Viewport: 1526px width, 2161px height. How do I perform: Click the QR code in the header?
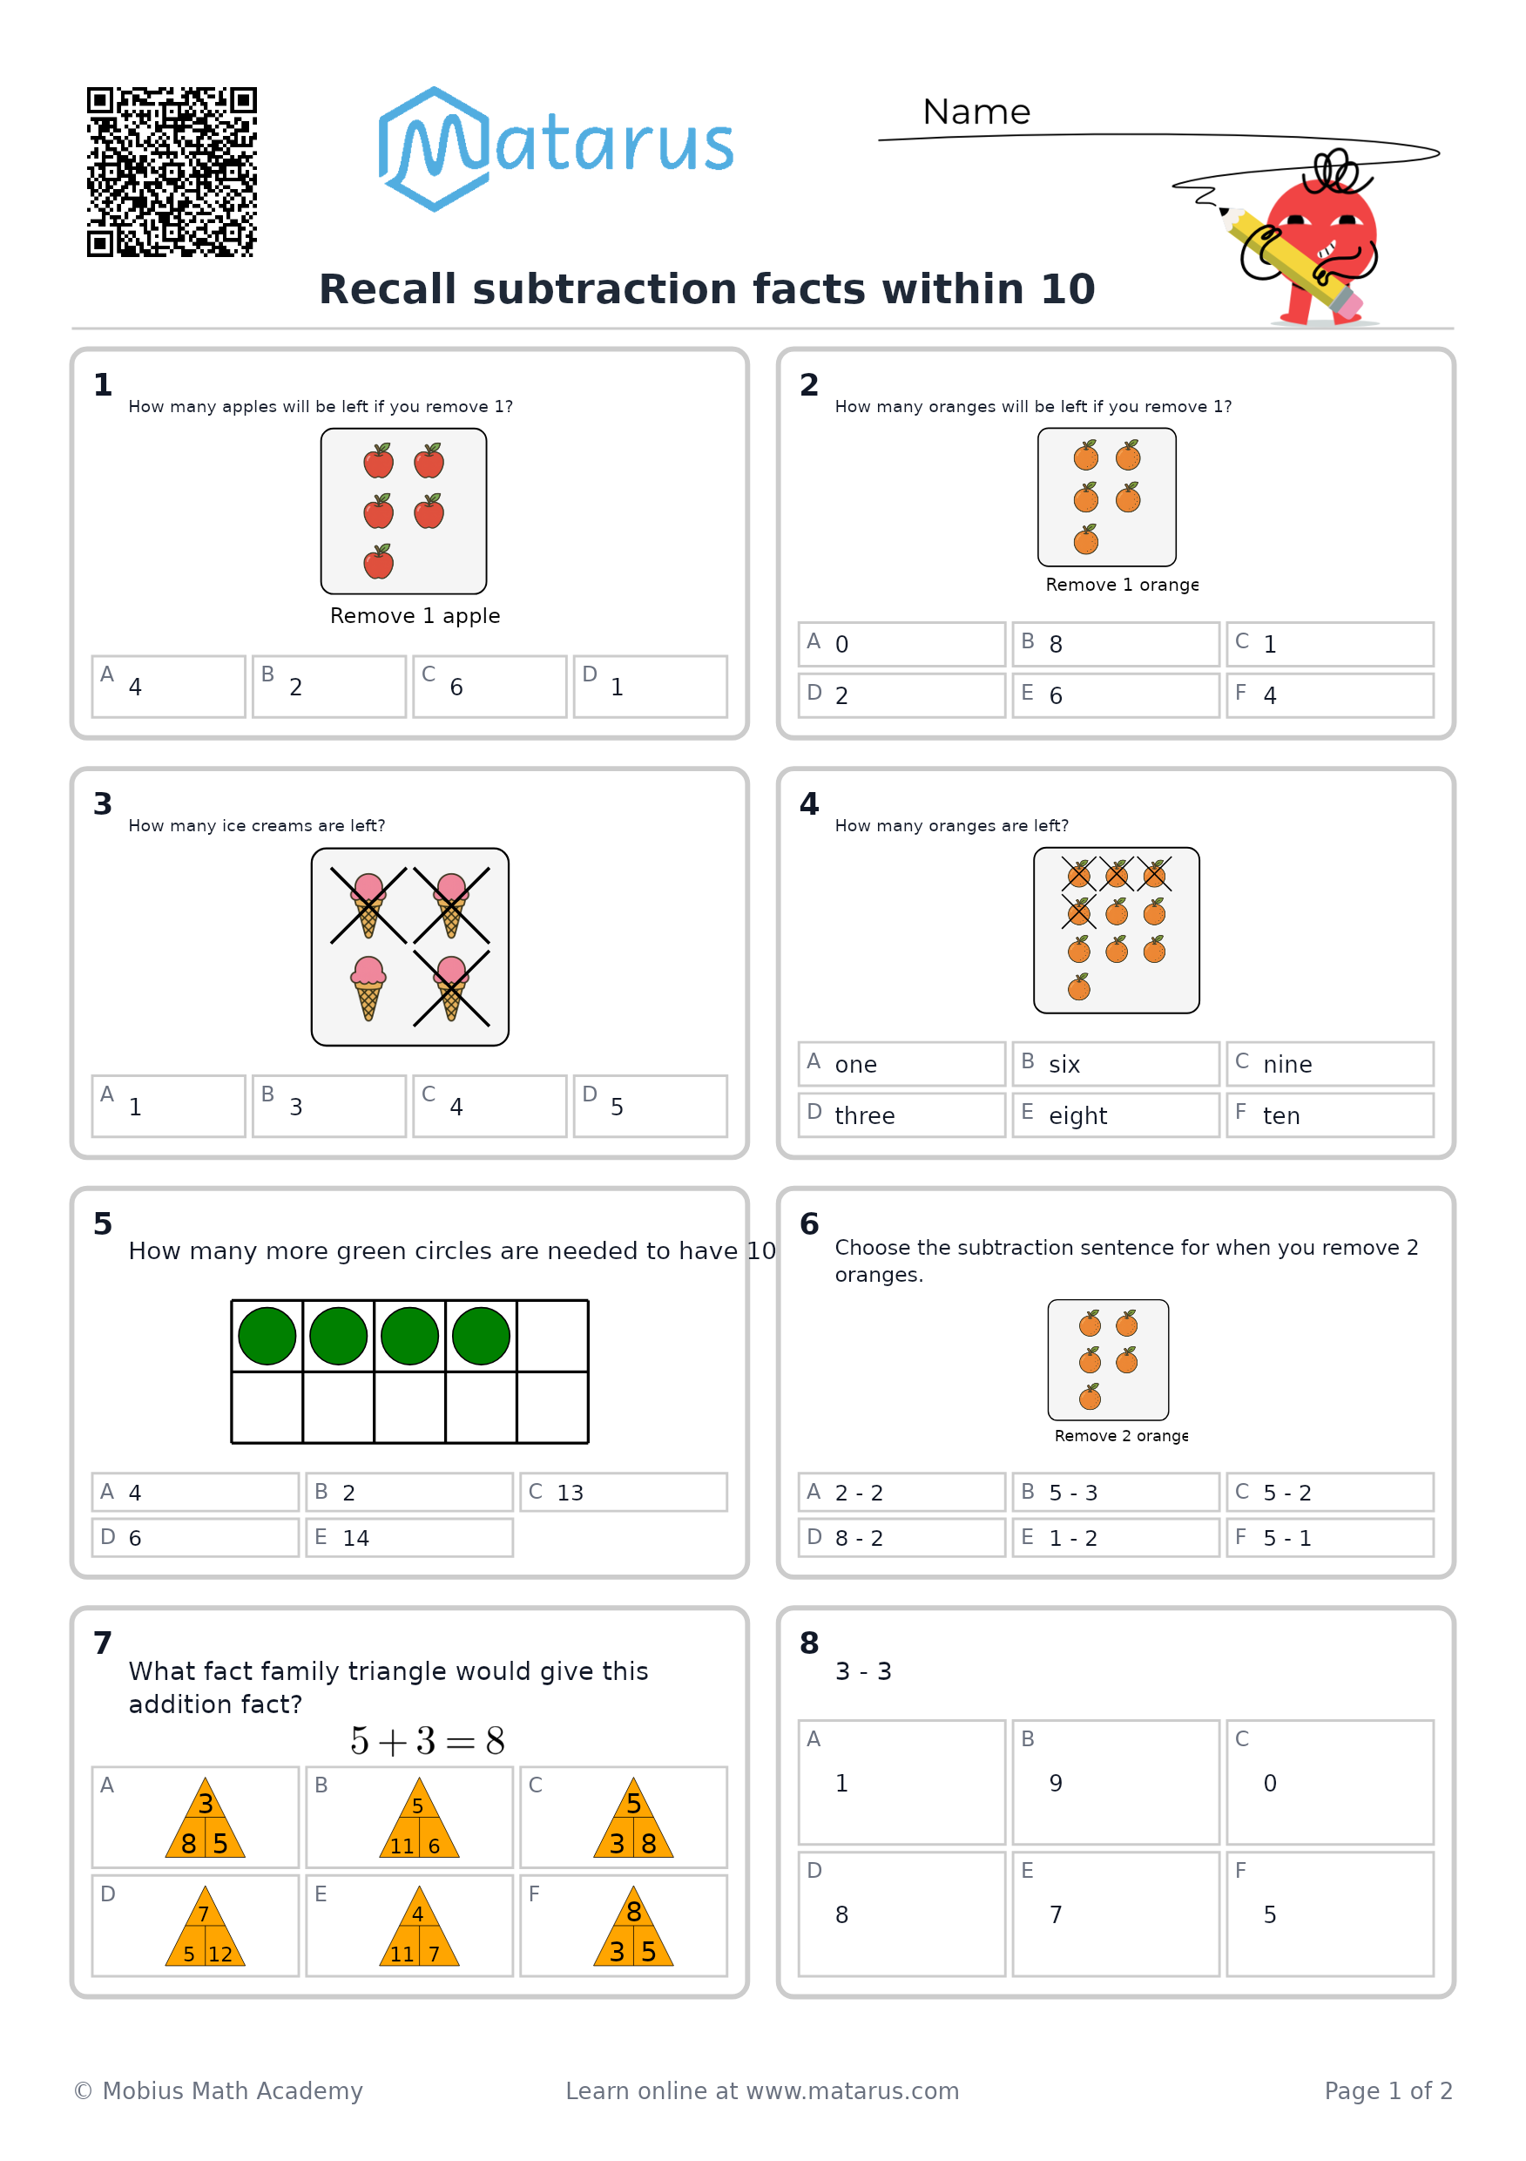pyautogui.click(x=172, y=172)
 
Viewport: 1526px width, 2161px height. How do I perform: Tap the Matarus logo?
pyautogui.click(x=555, y=149)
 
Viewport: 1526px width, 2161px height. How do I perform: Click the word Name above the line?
pyautogui.click(x=976, y=112)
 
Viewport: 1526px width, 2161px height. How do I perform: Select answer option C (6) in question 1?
pyautogui.click(x=490, y=686)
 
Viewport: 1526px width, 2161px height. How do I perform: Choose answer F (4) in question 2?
pyautogui.click(x=1329, y=695)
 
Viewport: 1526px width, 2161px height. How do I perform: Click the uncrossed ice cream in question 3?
pyautogui.click(x=368, y=987)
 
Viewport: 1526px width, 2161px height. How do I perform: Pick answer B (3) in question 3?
pyautogui.click(x=329, y=1106)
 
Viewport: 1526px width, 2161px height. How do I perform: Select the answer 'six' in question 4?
pyautogui.click(x=1116, y=1064)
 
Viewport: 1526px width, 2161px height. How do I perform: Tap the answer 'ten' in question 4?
pyautogui.click(x=1329, y=1115)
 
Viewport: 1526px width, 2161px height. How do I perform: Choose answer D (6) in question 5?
pyautogui.click(x=196, y=1537)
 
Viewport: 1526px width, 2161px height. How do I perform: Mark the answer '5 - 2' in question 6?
pyautogui.click(x=1329, y=1492)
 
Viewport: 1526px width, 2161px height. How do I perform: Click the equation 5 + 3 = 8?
pyautogui.click(x=427, y=1741)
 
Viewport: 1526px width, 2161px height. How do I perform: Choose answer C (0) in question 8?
pyautogui.click(x=1329, y=1782)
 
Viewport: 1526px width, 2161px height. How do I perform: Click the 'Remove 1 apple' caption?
pyautogui.click(x=415, y=615)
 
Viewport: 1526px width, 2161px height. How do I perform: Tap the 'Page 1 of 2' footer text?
pyautogui.click(x=1388, y=2090)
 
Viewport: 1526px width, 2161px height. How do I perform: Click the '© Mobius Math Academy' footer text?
pyautogui.click(x=219, y=2090)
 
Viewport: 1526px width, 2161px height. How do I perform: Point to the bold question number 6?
pyautogui.click(x=809, y=1223)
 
